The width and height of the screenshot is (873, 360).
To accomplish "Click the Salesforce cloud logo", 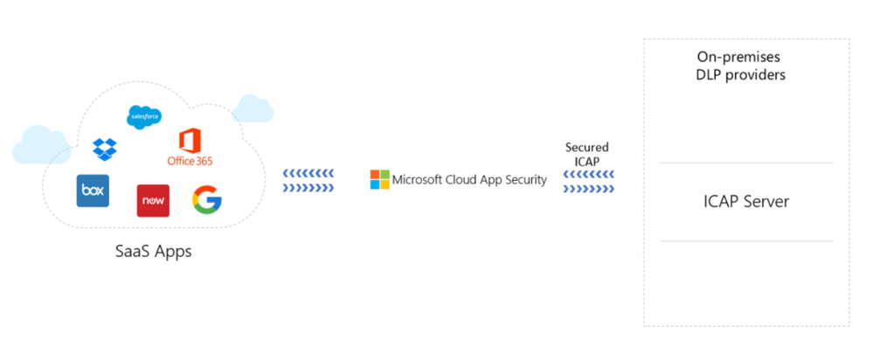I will point(142,115).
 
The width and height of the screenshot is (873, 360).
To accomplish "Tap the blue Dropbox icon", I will point(104,149).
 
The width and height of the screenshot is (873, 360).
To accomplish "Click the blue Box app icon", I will point(93,190).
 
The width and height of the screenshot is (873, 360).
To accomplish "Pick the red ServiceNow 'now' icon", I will point(152,200).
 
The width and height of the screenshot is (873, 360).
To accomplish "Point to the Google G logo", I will point(207,200).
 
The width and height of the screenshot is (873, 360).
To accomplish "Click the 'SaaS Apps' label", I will point(153,252).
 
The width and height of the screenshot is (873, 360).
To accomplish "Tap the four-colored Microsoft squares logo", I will point(379,180).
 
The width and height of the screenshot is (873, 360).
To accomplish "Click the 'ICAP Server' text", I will point(745,202).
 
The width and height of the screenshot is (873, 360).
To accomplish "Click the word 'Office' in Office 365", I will point(180,161).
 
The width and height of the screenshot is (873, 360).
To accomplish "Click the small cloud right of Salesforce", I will point(253,108).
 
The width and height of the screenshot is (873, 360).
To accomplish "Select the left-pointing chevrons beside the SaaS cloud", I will point(308,173).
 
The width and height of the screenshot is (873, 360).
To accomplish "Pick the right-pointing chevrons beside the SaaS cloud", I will point(308,186).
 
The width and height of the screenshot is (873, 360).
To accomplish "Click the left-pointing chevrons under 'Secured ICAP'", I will point(588,173).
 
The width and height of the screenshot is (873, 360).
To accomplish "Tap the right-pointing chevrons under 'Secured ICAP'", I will point(588,186).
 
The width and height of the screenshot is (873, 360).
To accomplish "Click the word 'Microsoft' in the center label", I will point(419,180).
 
